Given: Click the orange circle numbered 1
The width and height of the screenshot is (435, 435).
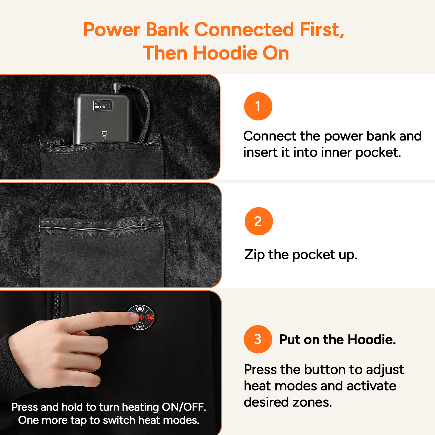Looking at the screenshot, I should (258, 106).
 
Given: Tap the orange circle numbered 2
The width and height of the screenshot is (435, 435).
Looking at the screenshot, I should (259, 221).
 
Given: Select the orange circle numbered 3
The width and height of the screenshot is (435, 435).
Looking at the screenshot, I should (258, 339).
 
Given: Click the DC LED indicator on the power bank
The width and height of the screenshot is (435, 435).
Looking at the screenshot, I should (103, 105).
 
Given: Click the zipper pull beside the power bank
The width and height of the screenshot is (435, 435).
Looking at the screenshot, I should (55, 142).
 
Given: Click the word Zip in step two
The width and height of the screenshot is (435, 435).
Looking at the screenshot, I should (254, 255).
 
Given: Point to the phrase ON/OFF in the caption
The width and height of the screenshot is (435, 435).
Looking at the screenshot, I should (184, 407).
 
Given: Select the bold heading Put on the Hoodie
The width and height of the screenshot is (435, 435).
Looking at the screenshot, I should (337, 340).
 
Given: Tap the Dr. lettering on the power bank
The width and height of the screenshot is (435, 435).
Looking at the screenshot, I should (104, 136).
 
